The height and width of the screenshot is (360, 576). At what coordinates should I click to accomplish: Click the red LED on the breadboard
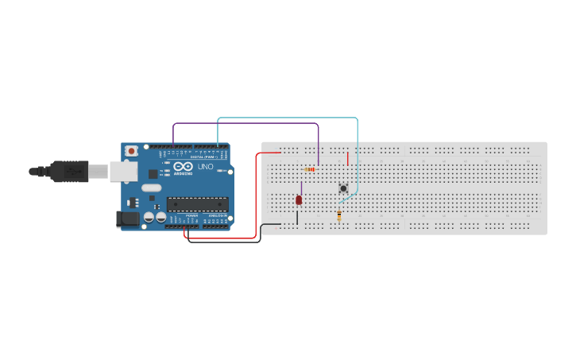[x=299, y=199]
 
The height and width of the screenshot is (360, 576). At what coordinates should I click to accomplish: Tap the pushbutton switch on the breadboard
[x=343, y=188]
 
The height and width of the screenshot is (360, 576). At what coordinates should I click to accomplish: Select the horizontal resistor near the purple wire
[x=310, y=168]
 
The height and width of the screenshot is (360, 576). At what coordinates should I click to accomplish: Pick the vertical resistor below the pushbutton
[x=339, y=215]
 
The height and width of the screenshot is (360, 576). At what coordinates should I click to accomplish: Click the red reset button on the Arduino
[x=130, y=150]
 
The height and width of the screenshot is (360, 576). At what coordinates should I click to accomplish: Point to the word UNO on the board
[x=205, y=167]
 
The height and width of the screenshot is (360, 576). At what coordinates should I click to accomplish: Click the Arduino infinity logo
[x=183, y=167]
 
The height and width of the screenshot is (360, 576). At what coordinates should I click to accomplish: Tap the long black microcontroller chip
[x=197, y=204]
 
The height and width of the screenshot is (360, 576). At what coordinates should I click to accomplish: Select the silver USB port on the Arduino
[x=123, y=171]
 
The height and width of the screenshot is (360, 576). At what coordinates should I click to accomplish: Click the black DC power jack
[x=127, y=219]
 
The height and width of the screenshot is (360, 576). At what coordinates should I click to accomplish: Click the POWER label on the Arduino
[x=191, y=215]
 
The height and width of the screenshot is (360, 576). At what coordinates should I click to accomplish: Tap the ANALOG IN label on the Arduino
[x=217, y=215]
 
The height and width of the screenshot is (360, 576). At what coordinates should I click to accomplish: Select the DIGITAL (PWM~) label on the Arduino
[x=203, y=157]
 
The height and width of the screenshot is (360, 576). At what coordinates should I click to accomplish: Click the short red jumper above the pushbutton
[x=347, y=158]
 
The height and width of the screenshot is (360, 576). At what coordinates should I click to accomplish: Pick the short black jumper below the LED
[x=297, y=216]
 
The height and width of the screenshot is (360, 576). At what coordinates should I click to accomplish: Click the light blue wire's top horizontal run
[x=286, y=118]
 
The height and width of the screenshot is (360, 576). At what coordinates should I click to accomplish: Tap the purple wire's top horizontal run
[x=246, y=123]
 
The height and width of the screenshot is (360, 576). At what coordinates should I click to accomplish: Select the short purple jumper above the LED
[x=301, y=188]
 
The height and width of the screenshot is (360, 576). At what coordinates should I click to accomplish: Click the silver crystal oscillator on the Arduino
[x=151, y=188]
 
